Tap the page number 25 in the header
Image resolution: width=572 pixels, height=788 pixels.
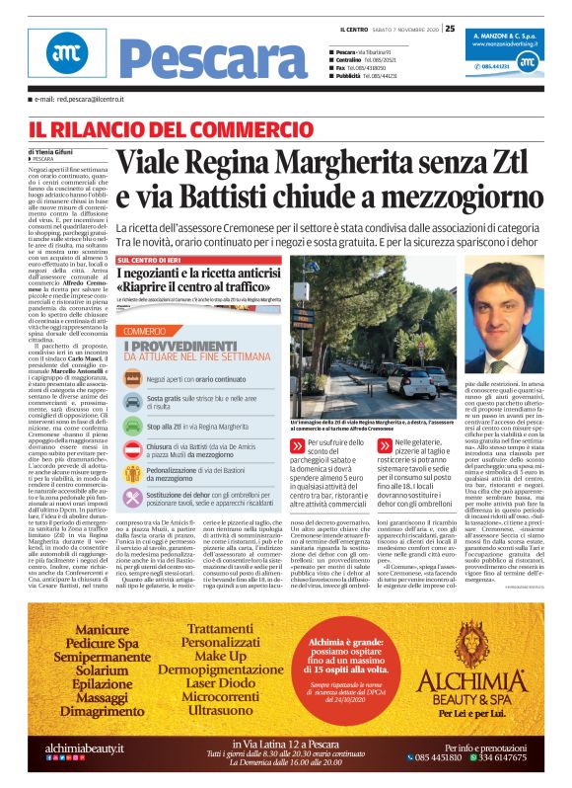point(449,28)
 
